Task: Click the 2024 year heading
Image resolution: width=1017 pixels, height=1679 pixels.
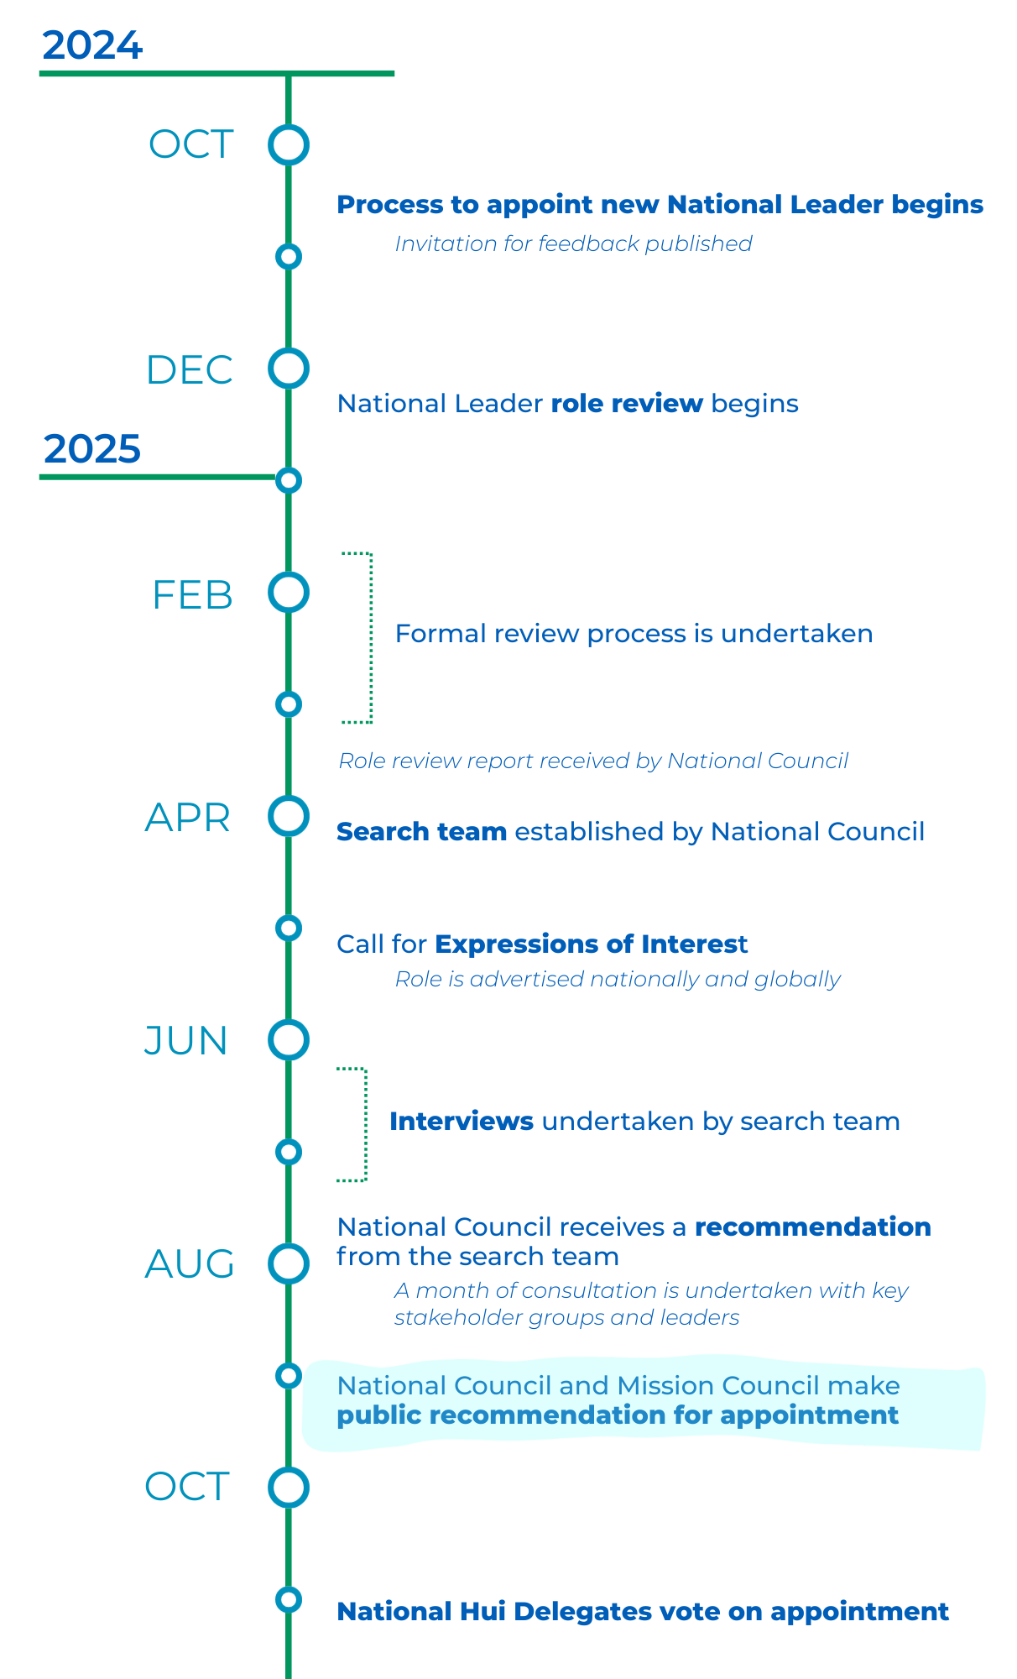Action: [x=92, y=45]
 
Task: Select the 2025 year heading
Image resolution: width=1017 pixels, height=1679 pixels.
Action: [x=92, y=449]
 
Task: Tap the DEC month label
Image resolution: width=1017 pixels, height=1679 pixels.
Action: [x=190, y=370]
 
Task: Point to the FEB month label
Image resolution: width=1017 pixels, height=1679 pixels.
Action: [x=192, y=595]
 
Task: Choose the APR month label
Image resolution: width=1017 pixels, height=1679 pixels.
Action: [x=188, y=818]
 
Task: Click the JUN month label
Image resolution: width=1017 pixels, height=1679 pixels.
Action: [x=186, y=1041]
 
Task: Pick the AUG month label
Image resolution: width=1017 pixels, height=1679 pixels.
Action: [x=190, y=1264]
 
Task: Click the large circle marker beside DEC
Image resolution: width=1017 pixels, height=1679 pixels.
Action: [x=289, y=369]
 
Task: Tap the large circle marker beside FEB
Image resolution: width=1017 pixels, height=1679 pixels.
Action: [x=289, y=593]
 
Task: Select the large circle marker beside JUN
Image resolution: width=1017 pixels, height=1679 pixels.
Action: [x=289, y=1039]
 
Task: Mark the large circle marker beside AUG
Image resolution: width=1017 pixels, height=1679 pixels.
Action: [x=289, y=1263]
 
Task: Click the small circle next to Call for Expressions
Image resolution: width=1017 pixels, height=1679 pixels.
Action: [x=289, y=928]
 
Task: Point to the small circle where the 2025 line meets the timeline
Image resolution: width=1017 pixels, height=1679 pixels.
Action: [x=289, y=480]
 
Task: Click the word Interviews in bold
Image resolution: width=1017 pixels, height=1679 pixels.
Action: [x=462, y=1122]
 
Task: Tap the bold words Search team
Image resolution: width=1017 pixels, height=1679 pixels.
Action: [x=421, y=832]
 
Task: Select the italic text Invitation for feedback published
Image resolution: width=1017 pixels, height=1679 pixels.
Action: [x=573, y=243]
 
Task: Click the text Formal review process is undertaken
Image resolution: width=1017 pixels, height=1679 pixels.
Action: [x=634, y=634]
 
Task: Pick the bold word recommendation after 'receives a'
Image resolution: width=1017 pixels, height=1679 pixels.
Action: [x=813, y=1227]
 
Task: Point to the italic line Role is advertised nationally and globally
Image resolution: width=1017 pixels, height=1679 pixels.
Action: [x=618, y=980]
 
